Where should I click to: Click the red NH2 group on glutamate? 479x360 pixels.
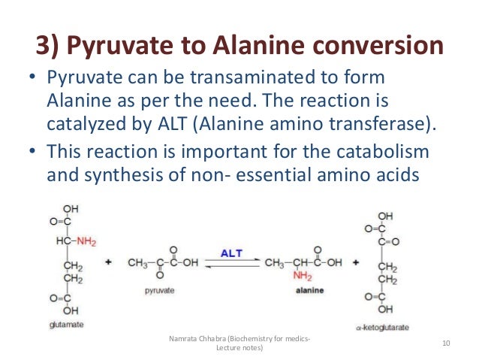[x=86, y=241]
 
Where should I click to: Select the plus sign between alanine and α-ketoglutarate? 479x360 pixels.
[x=356, y=263]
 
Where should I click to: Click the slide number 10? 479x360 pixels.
[x=446, y=343]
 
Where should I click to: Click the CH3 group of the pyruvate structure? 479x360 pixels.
[x=137, y=262]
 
